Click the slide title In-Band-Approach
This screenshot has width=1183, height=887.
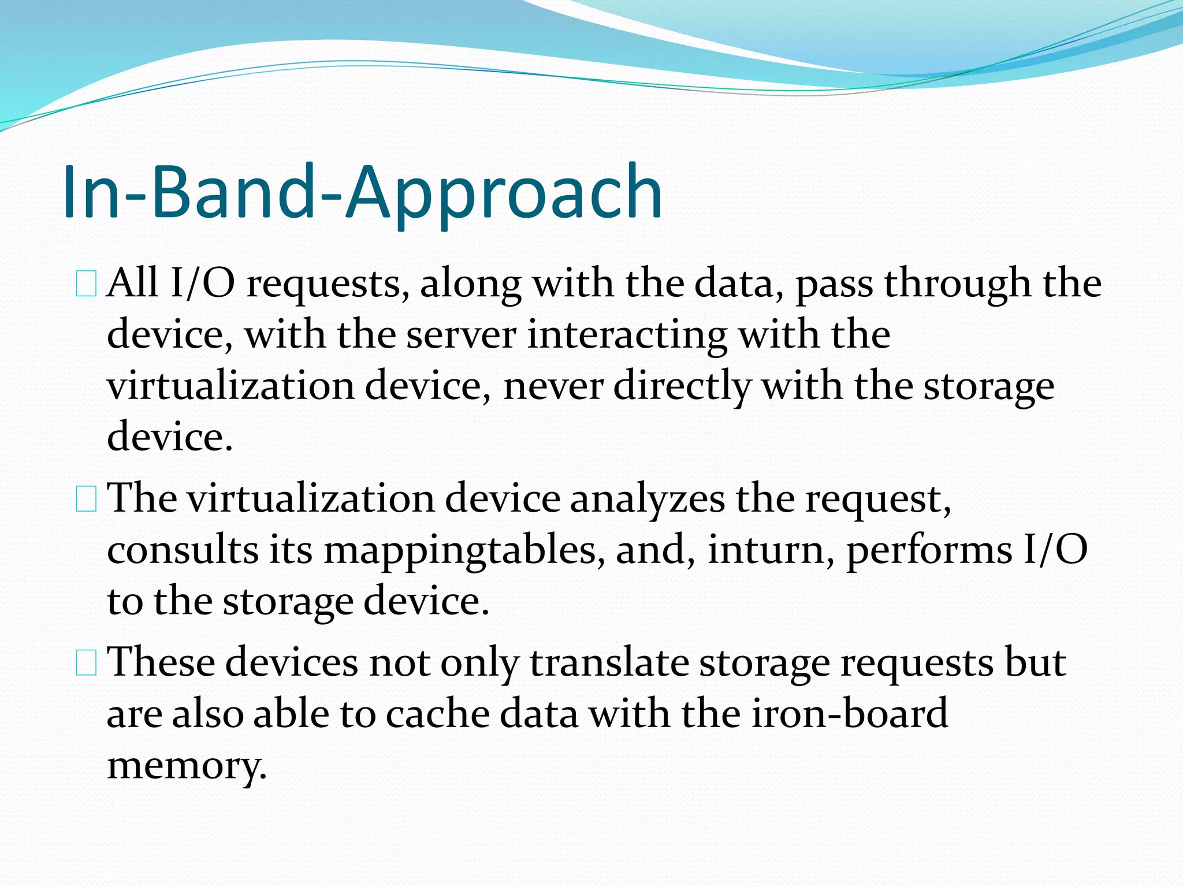(362, 192)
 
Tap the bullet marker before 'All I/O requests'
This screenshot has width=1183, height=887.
(86, 285)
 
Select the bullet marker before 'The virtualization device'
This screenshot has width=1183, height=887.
(86, 500)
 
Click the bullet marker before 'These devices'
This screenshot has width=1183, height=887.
(86, 663)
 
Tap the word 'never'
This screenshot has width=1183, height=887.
(553, 386)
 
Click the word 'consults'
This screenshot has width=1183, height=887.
(182, 550)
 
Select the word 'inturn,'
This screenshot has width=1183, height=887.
(771, 550)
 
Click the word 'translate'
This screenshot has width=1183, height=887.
(609, 663)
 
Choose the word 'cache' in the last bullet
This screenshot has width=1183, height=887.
(437, 714)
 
